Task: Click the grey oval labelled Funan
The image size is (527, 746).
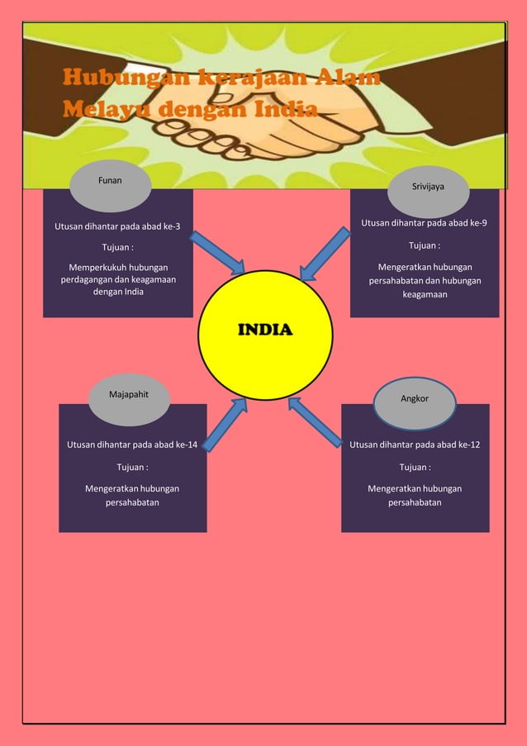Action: pyautogui.click(x=111, y=186)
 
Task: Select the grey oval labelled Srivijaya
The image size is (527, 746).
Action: pyautogui.click(x=428, y=192)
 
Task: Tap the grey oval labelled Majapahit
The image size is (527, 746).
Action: pyautogui.click(x=129, y=400)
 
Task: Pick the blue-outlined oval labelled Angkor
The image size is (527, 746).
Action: pyautogui.click(x=415, y=405)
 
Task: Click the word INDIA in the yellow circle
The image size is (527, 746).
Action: pyautogui.click(x=265, y=330)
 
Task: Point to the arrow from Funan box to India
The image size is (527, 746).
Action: pyautogui.click(x=217, y=253)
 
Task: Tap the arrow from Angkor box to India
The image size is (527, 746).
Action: pyautogui.click(x=315, y=422)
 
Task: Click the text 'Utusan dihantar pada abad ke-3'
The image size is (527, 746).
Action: pyautogui.click(x=117, y=226)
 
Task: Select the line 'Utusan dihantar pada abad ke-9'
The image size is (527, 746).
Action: pyautogui.click(x=424, y=223)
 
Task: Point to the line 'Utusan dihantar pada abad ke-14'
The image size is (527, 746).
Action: pyautogui.click(x=132, y=445)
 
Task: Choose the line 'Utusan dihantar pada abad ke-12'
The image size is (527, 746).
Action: pyautogui.click(x=415, y=445)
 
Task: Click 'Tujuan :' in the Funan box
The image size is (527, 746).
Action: pyautogui.click(x=117, y=247)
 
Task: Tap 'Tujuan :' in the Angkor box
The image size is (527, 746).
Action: pyautogui.click(x=415, y=468)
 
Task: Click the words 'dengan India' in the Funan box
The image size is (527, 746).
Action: pyautogui.click(x=118, y=292)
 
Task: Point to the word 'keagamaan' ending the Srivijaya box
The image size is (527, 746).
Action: pyautogui.click(x=425, y=295)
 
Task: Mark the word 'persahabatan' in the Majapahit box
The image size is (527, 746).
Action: pyautogui.click(x=132, y=502)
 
